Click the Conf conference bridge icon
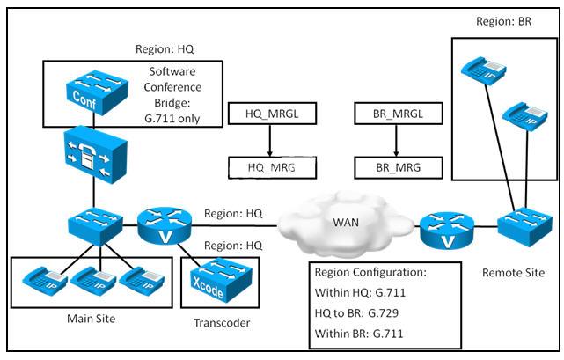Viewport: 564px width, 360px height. click(97, 92)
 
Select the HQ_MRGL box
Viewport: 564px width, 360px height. click(272, 114)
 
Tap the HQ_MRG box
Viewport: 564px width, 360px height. click(272, 167)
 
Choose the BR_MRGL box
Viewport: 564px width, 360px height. click(399, 114)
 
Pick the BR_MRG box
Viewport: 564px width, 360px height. click(399, 168)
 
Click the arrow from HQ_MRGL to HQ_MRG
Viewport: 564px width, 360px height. click(270, 141)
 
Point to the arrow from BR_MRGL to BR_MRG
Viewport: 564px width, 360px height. click(396, 141)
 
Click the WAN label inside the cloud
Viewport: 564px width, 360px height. click(346, 223)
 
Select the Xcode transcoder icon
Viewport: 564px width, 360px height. click(221, 280)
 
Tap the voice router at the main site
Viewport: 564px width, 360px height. click(165, 226)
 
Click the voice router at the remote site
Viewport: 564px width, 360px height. click(447, 231)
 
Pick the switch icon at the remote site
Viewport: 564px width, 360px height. click(524, 226)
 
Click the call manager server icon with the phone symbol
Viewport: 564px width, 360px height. click(96, 155)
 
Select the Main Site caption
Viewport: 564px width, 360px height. click(92, 319)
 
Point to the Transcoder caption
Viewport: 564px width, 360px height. click(222, 322)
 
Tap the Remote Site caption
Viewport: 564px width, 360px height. click(513, 273)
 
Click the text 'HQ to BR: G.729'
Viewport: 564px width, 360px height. click(356, 312)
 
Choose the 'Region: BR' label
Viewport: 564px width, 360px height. click(503, 21)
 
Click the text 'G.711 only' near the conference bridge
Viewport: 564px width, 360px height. click(172, 119)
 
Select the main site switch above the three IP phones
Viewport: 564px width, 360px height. click(96, 226)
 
